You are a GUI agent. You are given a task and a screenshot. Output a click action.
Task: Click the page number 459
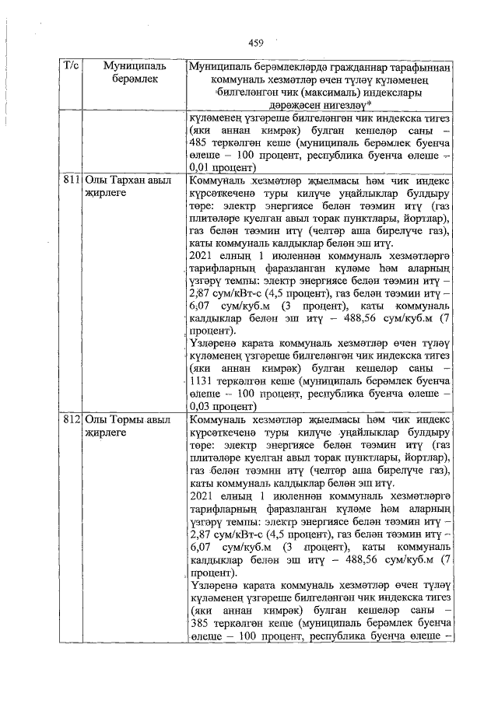point(257,42)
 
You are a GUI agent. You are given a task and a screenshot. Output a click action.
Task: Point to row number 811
point(72,180)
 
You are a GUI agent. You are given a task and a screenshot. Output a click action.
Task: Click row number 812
point(72,419)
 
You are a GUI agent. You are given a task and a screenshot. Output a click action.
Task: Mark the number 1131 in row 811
point(205,383)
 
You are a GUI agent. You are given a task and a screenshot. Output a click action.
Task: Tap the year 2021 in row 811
point(201,254)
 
